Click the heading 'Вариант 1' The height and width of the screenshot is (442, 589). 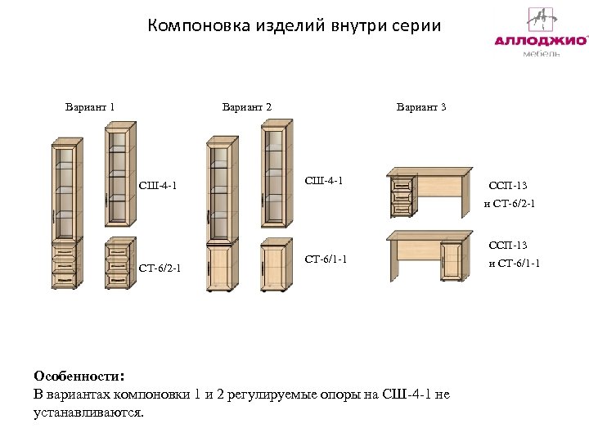pos(90,106)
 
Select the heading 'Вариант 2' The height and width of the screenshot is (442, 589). pos(247,106)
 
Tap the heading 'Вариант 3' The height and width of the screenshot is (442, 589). pos(421,106)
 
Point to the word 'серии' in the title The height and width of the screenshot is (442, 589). pos(414,25)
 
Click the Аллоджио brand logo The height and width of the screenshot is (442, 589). pos(541,32)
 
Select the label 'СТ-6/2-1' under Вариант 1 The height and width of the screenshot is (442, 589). pos(160,268)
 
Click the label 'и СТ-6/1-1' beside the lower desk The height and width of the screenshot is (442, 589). pos(515,263)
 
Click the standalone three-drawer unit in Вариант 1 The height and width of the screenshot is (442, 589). pos(119,264)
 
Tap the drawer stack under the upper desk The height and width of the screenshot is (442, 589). pos(402,196)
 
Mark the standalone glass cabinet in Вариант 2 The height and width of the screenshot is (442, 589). pos(277,174)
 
